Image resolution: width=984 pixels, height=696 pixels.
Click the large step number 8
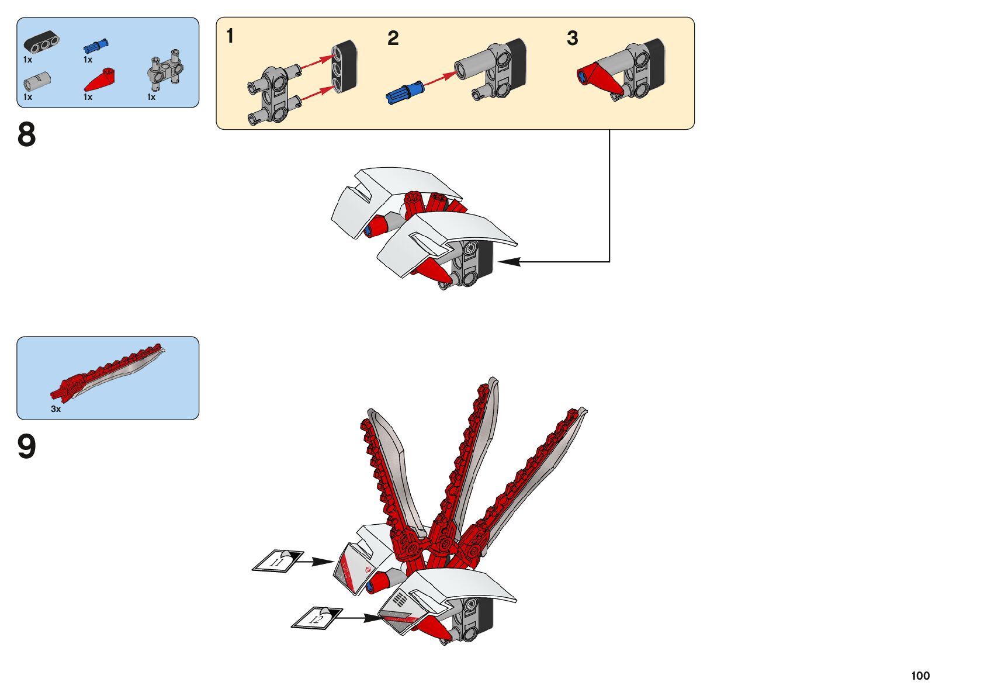[x=27, y=134]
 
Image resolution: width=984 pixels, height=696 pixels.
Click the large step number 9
[x=27, y=446]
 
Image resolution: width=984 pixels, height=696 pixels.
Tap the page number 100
[x=920, y=676]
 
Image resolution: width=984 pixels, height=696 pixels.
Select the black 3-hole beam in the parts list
[x=41, y=42]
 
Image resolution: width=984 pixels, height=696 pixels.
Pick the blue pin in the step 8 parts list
[x=96, y=46]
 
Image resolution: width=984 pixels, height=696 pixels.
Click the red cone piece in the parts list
[x=100, y=80]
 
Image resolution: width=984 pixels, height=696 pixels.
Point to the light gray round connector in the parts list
[x=37, y=81]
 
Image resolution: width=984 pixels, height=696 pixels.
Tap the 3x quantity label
[x=56, y=409]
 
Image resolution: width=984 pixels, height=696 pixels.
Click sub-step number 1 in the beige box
[x=230, y=36]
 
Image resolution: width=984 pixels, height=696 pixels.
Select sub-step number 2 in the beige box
[x=393, y=39]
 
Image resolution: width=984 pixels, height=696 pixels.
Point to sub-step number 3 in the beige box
[x=573, y=39]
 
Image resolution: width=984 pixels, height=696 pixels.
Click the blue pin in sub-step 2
[x=405, y=92]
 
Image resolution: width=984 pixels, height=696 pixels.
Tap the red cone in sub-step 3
[x=601, y=78]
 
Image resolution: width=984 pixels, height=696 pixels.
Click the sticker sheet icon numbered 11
[x=278, y=561]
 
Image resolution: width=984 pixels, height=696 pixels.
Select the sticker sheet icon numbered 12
[x=317, y=618]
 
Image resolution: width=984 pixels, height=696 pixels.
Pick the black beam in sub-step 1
[x=344, y=66]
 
